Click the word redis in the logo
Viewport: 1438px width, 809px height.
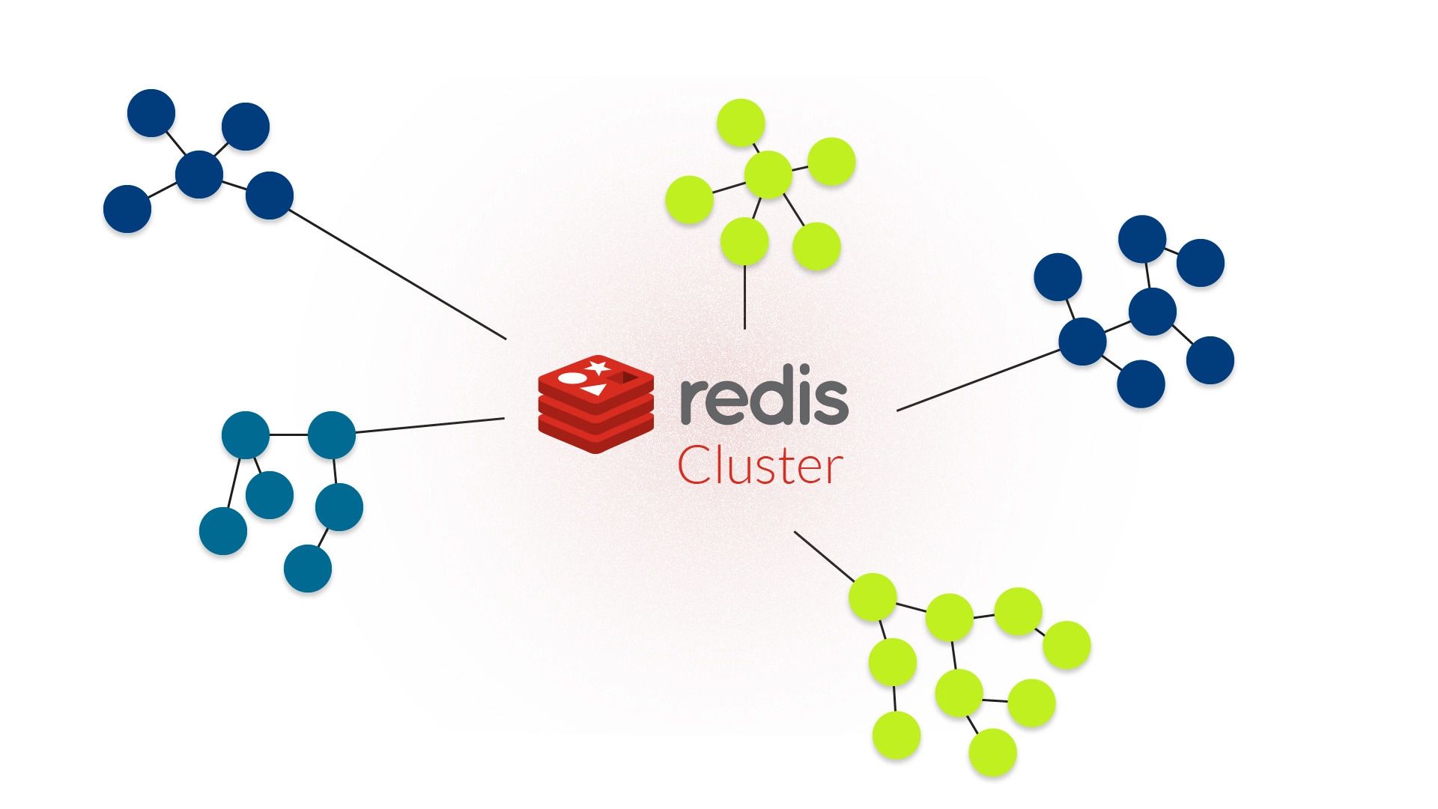pos(764,399)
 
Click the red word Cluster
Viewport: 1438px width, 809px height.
pos(759,466)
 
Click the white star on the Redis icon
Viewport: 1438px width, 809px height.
pos(597,367)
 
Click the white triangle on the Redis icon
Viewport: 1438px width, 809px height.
pos(595,390)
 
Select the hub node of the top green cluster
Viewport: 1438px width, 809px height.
pos(768,175)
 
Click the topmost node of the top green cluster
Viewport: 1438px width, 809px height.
pos(741,123)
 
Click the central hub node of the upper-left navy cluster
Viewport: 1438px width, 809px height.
pos(199,174)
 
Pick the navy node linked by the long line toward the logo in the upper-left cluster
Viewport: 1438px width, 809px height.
pos(269,195)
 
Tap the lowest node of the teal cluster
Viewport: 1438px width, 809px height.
pos(308,569)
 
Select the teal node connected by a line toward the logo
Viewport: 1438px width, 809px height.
pos(331,434)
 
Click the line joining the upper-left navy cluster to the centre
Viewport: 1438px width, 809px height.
pos(397,275)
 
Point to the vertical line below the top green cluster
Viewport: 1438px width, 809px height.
pos(744,296)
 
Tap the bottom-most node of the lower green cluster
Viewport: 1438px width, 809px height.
pos(992,751)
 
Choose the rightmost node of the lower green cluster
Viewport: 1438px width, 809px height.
pos(1067,644)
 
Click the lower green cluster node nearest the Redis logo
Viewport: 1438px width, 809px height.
pos(873,597)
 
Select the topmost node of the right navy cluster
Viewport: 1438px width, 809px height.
pos(1142,239)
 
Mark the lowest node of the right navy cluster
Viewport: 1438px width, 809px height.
pos(1141,384)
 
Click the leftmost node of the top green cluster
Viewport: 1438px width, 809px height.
pos(689,199)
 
